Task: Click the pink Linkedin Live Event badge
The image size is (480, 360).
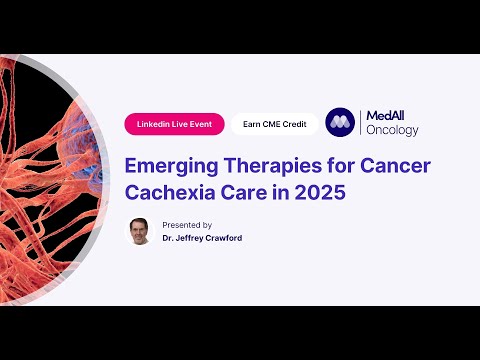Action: pos(174,124)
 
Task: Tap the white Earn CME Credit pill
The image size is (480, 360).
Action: pos(274,124)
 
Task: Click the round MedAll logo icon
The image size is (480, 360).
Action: pos(342,123)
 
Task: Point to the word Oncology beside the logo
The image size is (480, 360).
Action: pos(392,131)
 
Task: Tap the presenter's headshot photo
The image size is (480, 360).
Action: pos(140,232)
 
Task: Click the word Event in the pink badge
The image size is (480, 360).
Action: pos(201,124)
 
